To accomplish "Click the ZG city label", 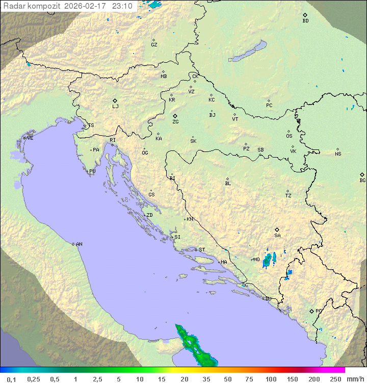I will [x=175, y=122].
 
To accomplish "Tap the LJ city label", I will [x=115, y=107].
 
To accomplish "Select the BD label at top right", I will [x=305, y=21].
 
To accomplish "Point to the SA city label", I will [x=277, y=236].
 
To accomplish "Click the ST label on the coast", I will [x=202, y=250].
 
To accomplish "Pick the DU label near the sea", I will [x=268, y=299].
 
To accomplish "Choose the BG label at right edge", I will [x=362, y=181].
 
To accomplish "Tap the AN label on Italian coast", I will [x=79, y=244].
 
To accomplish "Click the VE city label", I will [x=30, y=138].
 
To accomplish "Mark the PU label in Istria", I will [x=92, y=171].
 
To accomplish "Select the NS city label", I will [x=338, y=154].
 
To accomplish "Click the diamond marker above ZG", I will [x=175, y=116].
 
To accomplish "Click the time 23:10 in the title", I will [x=123, y=6].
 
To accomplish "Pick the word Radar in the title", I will [x=13, y=6].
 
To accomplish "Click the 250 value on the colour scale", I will [x=335, y=379].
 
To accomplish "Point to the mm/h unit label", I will [x=355, y=379].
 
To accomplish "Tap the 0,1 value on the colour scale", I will [x=11, y=379].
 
